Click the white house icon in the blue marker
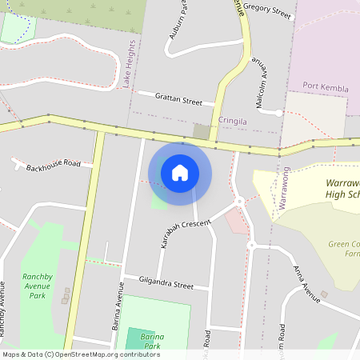tap(180, 172)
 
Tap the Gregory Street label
tap(269, 10)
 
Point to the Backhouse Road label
tap(54, 166)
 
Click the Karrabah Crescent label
tap(185, 234)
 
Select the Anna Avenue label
tap(306, 285)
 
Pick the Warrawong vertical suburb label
tap(283, 188)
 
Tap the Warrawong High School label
tap(336, 189)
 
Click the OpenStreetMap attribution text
tap(70, 354)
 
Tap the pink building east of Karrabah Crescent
tap(237, 218)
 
